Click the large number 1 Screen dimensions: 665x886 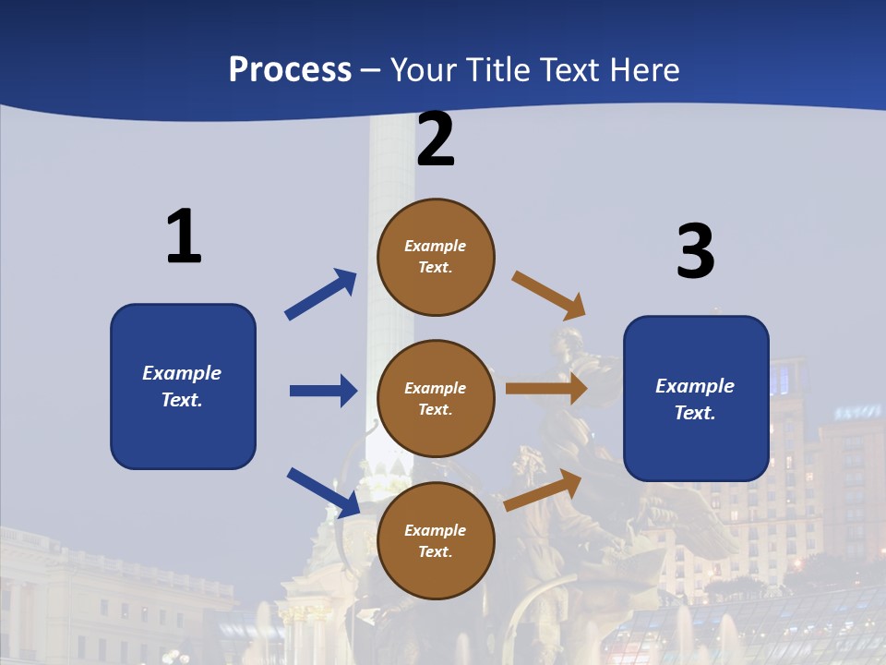click(184, 236)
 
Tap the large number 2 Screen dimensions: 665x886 click(436, 139)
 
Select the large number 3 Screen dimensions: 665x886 click(696, 251)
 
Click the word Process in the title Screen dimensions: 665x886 click(290, 69)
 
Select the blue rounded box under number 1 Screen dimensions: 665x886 click(183, 386)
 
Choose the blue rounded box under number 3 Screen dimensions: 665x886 click(696, 398)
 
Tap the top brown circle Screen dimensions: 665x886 click(436, 257)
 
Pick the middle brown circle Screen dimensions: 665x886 click(436, 398)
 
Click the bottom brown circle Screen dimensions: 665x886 click(436, 540)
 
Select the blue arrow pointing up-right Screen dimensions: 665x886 click(321, 294)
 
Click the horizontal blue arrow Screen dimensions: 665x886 click(323, 391)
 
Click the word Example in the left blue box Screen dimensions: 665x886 click(182, 373)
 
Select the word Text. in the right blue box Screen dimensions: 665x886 click(695, 413)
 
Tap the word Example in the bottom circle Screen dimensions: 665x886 click(436, 530)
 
